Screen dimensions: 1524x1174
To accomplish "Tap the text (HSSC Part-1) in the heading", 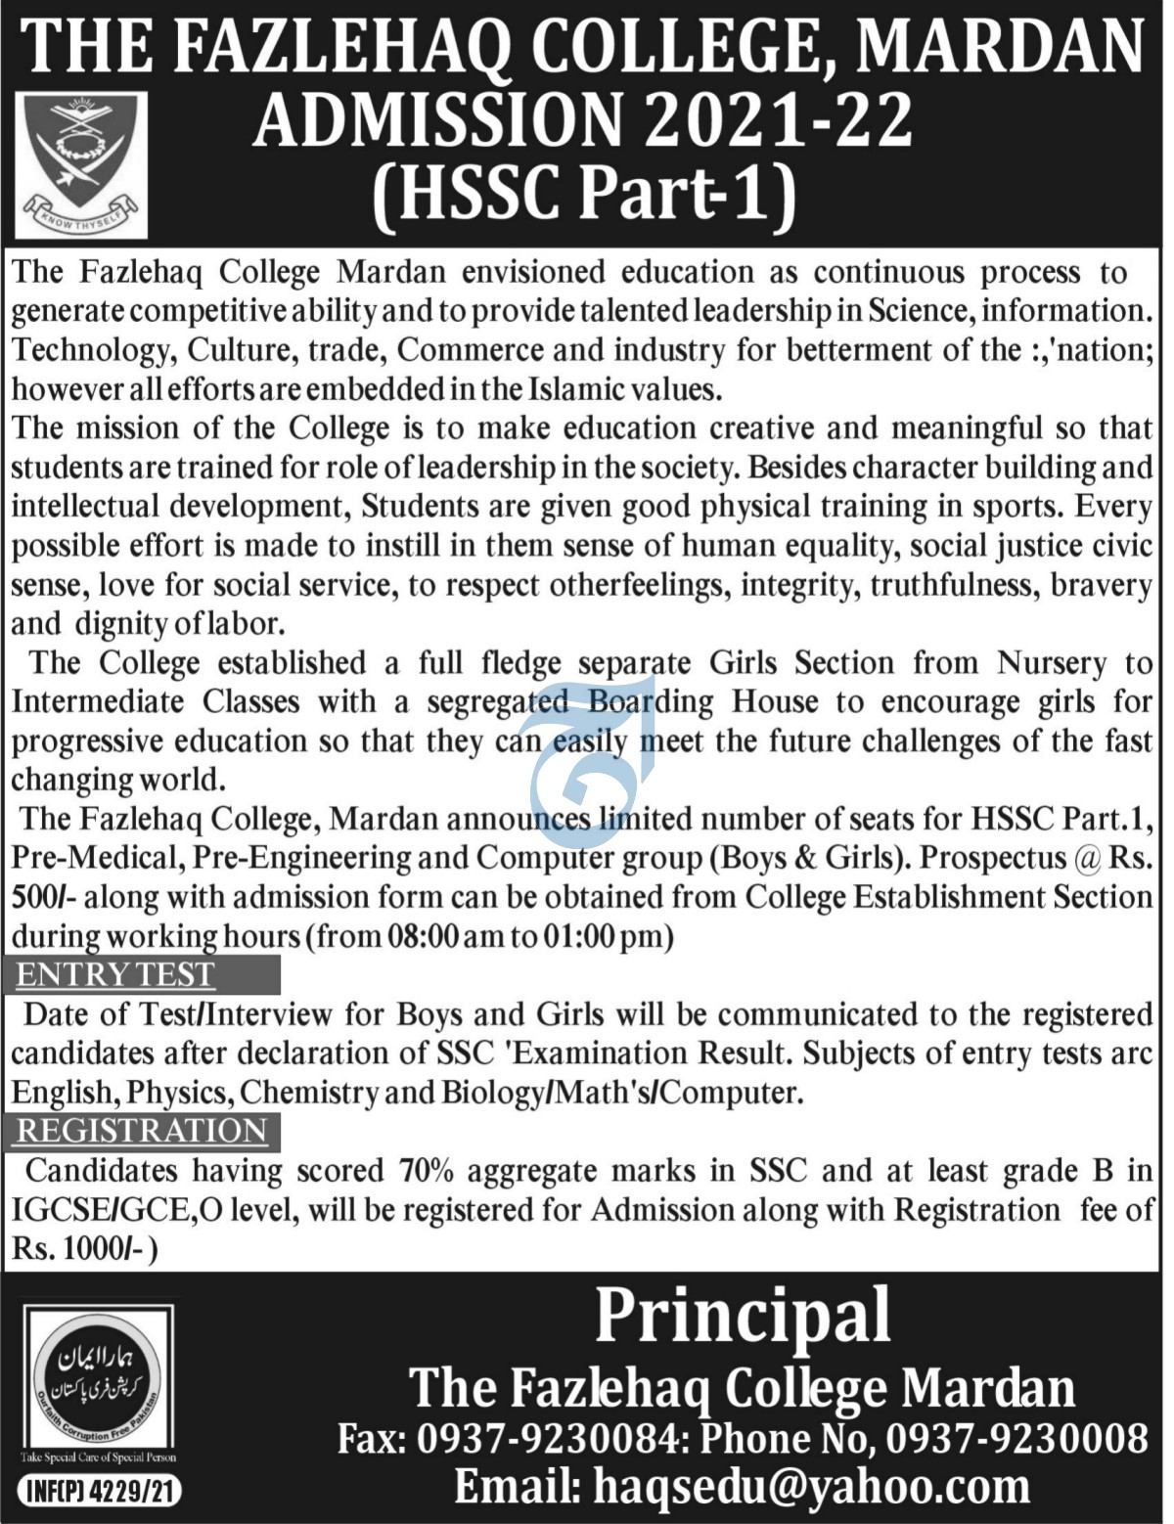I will click(x=584, y=191).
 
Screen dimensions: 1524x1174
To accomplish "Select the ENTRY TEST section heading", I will click(x=115, y=975).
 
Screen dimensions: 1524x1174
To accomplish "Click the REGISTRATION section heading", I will click(x=142, y=1131).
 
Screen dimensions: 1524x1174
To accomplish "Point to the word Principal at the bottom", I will click(x=743, y=1317).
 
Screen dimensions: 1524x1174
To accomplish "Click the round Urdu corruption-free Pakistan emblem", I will click(x=98, y=1380).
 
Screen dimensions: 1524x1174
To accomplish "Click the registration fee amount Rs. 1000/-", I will click(x=82, y=1249).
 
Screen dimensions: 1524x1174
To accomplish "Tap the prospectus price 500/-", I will click(x=40, y=897).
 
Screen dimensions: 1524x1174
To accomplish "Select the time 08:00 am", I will click(x=444, y=937).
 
